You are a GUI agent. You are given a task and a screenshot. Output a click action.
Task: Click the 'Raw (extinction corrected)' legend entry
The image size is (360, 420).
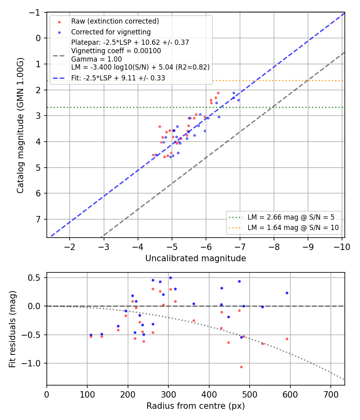click(x=115, y=21)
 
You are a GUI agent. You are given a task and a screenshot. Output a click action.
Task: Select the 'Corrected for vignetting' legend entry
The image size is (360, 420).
click(x=111, y=32)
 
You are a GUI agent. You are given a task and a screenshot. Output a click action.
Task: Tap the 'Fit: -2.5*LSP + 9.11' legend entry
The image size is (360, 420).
click(x=118, y=78)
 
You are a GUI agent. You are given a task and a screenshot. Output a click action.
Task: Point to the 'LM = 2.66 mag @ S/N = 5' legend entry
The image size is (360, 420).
click(x=291, y=217)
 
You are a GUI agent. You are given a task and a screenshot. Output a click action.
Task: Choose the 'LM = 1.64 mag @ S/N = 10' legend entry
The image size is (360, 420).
click(x=293, y=228)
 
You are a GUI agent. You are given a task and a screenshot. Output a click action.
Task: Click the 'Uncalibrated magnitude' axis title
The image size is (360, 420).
click(x=196, y=258)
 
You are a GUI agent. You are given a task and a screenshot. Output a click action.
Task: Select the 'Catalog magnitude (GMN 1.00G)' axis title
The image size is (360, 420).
click(x=20, y=125)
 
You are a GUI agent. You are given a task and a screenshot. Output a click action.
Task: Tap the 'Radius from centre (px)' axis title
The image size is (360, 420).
click(x=196, y=406)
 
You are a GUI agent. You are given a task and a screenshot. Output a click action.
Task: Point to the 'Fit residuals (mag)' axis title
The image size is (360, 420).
click(x=12, y=329)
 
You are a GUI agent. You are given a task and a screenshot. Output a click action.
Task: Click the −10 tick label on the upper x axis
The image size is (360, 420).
click(x=342, y=247)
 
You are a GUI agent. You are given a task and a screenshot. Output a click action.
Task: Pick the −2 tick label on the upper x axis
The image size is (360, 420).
click(x=69, y=247)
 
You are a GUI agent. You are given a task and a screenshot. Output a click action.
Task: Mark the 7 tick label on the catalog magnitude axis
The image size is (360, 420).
click(x=38, y=219)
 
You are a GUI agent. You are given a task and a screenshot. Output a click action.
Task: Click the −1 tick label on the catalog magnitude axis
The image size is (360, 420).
click(x=35, y=12)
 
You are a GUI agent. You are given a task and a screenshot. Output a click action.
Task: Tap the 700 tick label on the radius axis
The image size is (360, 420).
click(x=331, y=394)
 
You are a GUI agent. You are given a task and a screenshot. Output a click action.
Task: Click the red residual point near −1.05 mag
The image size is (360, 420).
click(x=241, y=367)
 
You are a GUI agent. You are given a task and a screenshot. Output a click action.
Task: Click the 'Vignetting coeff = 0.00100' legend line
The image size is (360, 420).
click(x=116, y=51)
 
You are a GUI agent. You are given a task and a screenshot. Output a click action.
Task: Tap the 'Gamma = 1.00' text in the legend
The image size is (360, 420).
click(x=96, y=59)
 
